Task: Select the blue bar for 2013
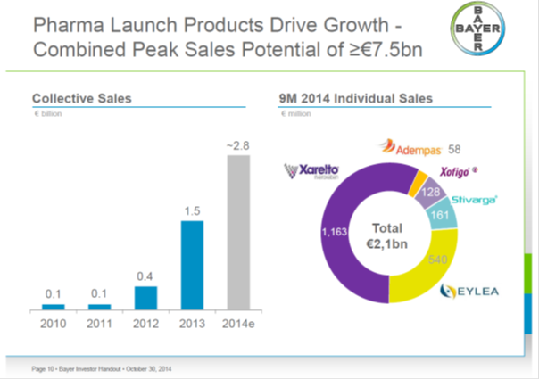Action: pyautogui.click(x=190, y=265)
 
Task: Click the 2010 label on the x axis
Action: pyautogui.click(x=53, y=324)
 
